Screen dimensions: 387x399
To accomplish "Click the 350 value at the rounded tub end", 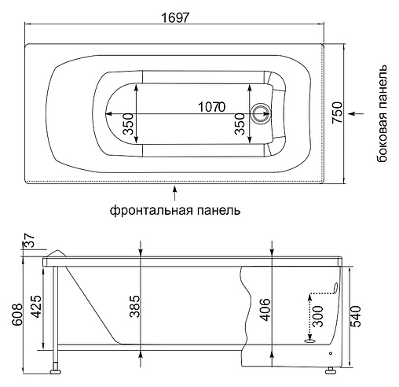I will [x=126, y=123].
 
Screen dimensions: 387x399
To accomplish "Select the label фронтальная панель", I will [x=175, y=211].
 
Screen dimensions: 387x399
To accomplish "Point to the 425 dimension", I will [x=34, y=304].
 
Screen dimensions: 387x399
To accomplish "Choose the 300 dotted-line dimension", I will [x=317, y=315].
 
